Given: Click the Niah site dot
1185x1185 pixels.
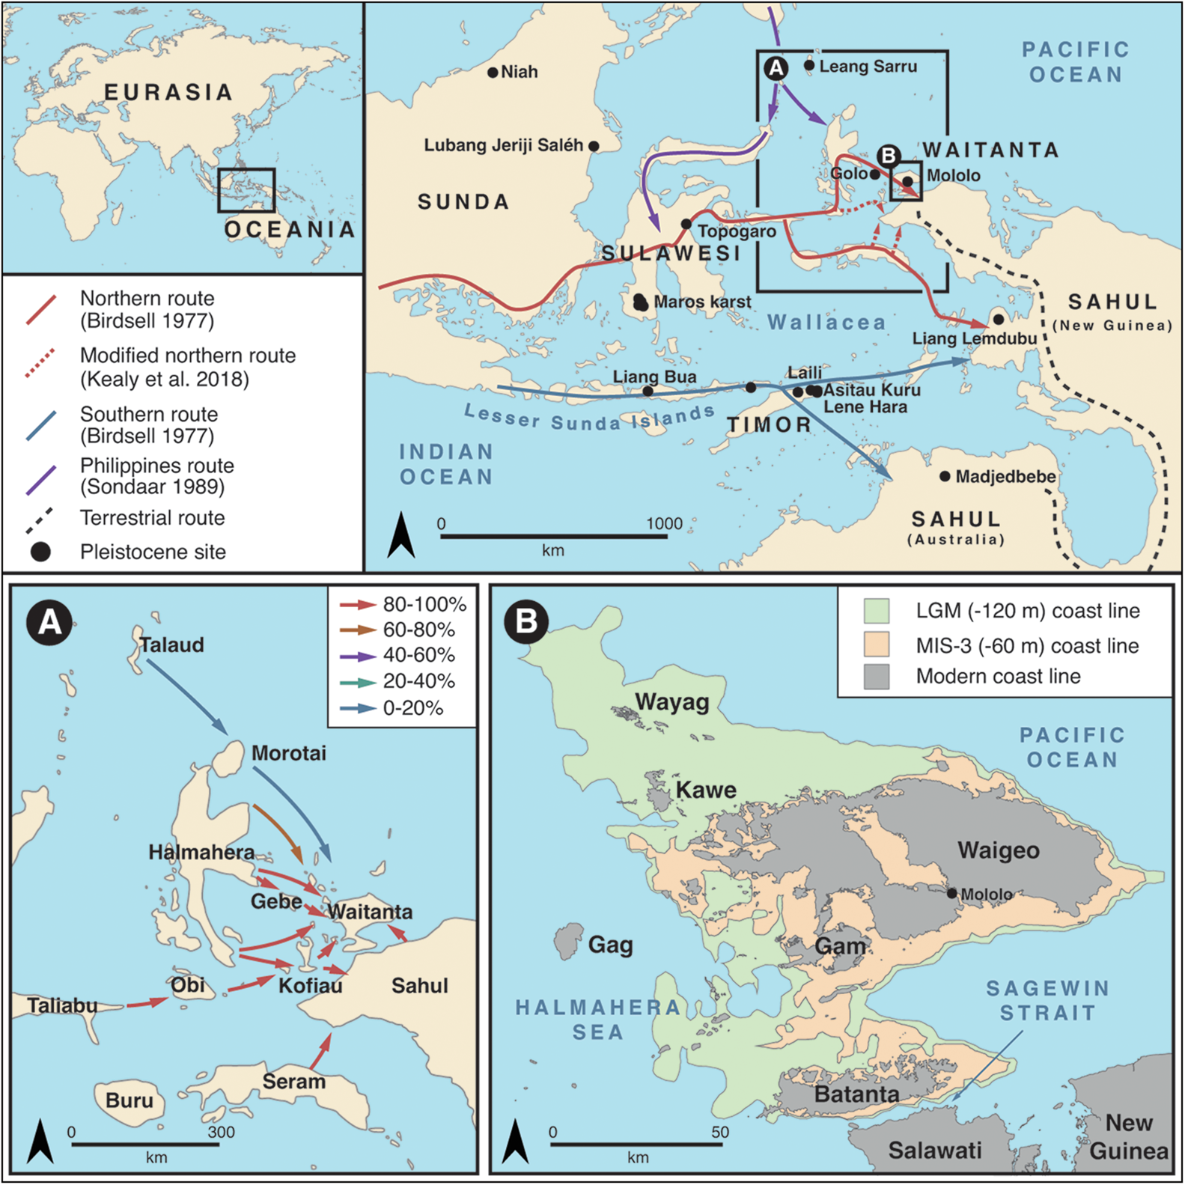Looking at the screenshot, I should (x=493, y=73).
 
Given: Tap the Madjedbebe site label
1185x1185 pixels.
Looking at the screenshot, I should (x=1005, y=476).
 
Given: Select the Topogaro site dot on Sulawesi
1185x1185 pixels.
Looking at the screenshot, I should (x=686, y=224).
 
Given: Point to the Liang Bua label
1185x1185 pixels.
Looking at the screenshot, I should (x=654, y=377).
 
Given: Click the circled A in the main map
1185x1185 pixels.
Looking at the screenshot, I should (x=776, y=68).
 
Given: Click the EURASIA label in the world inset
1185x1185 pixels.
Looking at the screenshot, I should (x=168, y=92).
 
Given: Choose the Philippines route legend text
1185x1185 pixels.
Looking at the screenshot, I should (x=156, y=476).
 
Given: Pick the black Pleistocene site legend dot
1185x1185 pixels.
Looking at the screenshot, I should (x=40, y=552).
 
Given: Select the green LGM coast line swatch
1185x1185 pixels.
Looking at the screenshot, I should (x=876, y=611).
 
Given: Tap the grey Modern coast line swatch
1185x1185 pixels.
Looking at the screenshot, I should (x=876, y=676).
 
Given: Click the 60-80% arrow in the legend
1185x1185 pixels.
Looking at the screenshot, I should (x=357, y=630).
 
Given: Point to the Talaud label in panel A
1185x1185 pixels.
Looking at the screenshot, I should (x=172, y=645).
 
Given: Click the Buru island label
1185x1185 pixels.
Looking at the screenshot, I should (x=129, y=1100).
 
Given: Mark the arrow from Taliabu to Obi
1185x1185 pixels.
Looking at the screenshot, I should (x=147, y=1002).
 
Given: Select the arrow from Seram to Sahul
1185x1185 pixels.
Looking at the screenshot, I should (x=320, y=1052).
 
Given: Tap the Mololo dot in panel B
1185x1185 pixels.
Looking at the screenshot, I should (x=951, y=893).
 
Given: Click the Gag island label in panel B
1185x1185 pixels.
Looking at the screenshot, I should (x=610, y=945).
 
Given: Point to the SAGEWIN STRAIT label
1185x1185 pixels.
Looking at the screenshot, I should (x=1047, y=1001).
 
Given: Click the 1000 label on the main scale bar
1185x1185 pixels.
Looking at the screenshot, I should (x=664, y=523).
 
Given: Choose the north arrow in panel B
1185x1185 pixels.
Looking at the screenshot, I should (x=515, y=1141).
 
